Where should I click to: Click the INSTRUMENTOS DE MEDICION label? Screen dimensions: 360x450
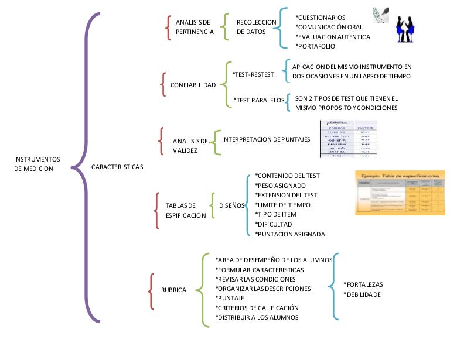[x=37, y=163]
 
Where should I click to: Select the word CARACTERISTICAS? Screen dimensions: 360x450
[x=118, y=167]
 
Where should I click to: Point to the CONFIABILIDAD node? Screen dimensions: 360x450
[x=193, y=85]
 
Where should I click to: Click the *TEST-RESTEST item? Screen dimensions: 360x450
[x=254, y=74]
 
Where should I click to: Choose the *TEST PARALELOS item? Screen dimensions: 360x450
[x=259, y=100]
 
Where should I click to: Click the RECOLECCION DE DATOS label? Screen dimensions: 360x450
[x=256, y=27]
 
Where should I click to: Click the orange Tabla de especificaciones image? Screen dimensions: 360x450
[x=397, y=193]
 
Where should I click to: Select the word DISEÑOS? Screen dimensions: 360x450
[x=231, y=205]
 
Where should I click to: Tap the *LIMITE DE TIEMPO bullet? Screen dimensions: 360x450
[x=282, y=205]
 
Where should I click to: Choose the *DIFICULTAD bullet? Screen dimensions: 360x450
[x=273, y=224]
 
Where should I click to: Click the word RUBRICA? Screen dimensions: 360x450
[x=173, y=290]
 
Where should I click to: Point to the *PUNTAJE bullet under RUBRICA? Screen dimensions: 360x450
[x=230, y=298]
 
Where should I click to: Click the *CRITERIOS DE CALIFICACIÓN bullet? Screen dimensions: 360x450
[x=257, y=307]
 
